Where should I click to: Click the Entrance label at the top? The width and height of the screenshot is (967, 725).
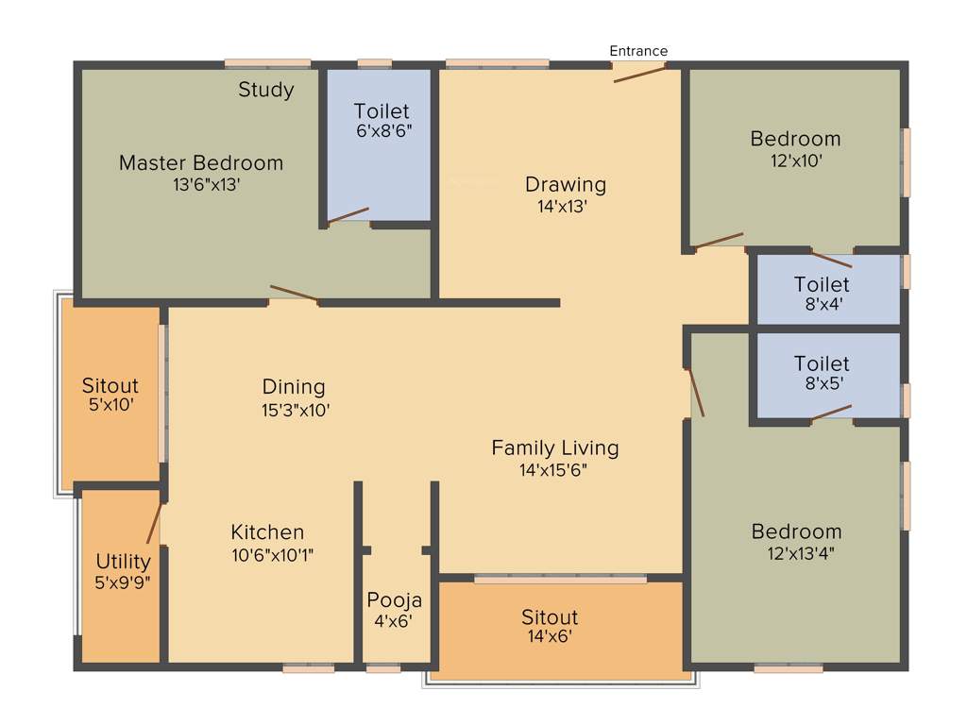[638, 51]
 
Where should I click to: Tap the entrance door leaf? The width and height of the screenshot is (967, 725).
[639, 73]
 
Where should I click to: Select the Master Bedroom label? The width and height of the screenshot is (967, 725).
[200, 163]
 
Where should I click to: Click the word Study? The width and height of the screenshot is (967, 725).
[265, 90]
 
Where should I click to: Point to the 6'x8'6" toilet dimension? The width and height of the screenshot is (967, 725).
[383, 131]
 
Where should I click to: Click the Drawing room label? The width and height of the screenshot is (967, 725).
[566, 184]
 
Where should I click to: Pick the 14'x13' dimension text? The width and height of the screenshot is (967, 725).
[563, 207]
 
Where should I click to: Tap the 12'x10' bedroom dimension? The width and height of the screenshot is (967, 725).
[796, 160]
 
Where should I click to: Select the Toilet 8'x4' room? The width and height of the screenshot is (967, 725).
[822, 294]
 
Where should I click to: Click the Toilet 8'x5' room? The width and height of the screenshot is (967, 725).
[822, 373]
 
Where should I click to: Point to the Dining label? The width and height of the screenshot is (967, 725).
[294, 387]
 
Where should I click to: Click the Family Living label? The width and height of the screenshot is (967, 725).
[554, 447]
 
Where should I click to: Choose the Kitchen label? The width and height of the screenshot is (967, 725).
[267, 532]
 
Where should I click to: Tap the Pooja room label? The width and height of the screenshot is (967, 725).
[394, 600]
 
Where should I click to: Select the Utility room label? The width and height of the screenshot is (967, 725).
[123, 561]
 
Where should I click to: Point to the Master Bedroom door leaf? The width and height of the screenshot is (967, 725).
[294, 294]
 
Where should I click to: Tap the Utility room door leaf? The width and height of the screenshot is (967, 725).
[154, 524]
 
